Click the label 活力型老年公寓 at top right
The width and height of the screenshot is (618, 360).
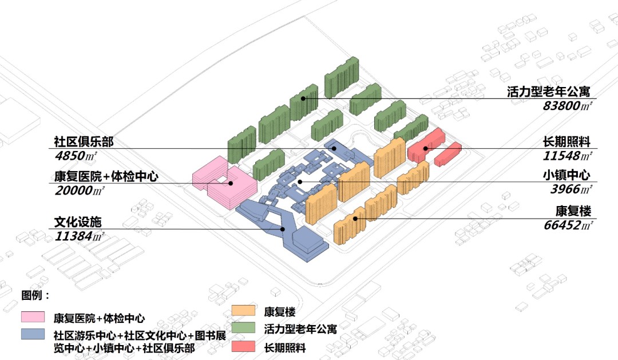(548, 92)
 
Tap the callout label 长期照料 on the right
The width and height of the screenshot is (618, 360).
(566, 141)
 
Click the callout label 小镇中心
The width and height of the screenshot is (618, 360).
(566, 175)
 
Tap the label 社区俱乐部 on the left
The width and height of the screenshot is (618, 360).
(84, 141)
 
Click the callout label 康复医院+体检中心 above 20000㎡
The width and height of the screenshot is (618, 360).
(106, 176)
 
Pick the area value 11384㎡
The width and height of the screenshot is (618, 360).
(80, 235)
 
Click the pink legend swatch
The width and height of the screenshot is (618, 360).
(33, 317)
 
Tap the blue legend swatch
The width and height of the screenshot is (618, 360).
(33, 334)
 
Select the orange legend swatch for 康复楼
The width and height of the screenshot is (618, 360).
(243, 311)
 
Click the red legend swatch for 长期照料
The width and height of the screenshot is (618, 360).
(243, 346)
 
